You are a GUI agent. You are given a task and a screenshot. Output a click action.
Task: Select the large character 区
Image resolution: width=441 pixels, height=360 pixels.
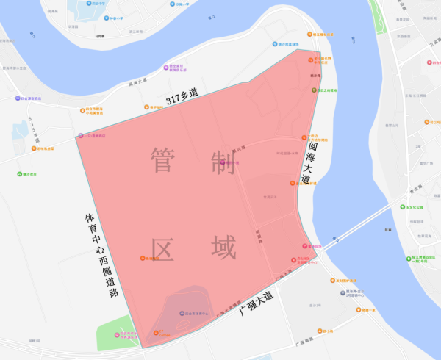(x=165, y=249)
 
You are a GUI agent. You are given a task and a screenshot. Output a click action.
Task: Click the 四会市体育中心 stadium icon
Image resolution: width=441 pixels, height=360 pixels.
(x=182, y=314)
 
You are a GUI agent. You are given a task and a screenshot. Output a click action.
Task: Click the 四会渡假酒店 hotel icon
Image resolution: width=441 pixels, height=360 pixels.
(x=16, y=98)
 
